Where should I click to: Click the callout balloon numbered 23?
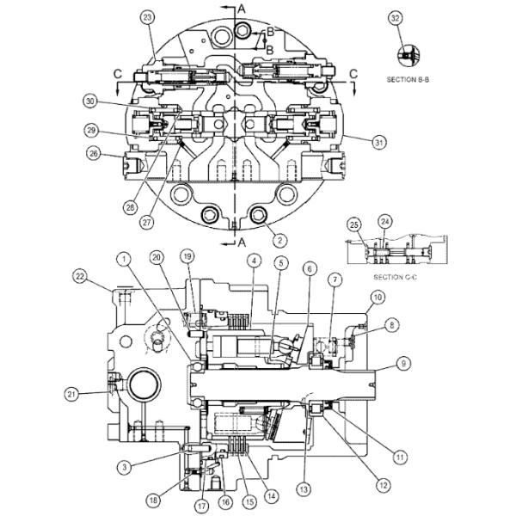148,17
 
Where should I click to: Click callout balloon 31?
378,142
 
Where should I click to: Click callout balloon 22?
81,275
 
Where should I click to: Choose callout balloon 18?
155,499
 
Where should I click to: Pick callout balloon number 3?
125,466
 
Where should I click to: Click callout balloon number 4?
253,261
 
